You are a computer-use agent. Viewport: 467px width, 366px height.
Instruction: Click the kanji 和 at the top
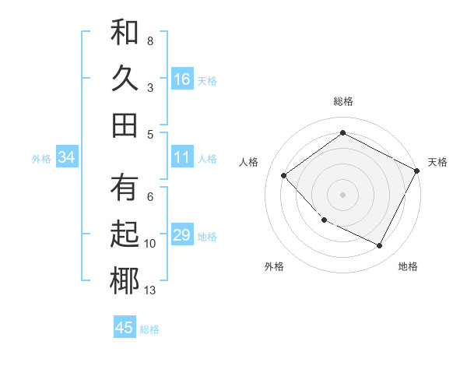[125, 33]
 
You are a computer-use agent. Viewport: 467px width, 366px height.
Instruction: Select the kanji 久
[125, 79]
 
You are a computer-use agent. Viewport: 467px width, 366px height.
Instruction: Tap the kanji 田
[125, 125]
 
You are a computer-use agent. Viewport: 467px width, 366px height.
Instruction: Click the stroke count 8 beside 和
[149, 40]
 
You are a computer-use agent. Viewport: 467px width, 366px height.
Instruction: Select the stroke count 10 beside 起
[150, 244]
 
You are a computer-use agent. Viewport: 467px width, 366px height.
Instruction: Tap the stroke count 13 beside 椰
[150, 290]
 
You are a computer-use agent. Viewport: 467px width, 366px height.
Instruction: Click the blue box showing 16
[182, 79]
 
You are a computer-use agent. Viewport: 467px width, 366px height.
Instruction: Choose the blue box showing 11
[182, 158]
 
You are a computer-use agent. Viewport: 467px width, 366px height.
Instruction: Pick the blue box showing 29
[182, 235]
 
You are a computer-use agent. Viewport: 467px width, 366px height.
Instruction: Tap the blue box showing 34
[67, 158]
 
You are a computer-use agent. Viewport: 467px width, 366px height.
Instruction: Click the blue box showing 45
[125, 328]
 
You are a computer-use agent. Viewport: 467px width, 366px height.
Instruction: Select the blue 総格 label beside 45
[149, 329]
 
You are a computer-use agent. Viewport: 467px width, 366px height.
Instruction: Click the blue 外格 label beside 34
[41, 159]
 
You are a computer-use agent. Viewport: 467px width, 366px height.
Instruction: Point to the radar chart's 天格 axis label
[437, 162]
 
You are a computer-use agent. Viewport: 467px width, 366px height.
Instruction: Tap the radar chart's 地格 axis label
[408, 267]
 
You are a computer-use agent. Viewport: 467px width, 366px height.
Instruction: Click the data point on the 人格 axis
[284, 175]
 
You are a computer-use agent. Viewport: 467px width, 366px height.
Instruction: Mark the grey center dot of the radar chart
[342, 194]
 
